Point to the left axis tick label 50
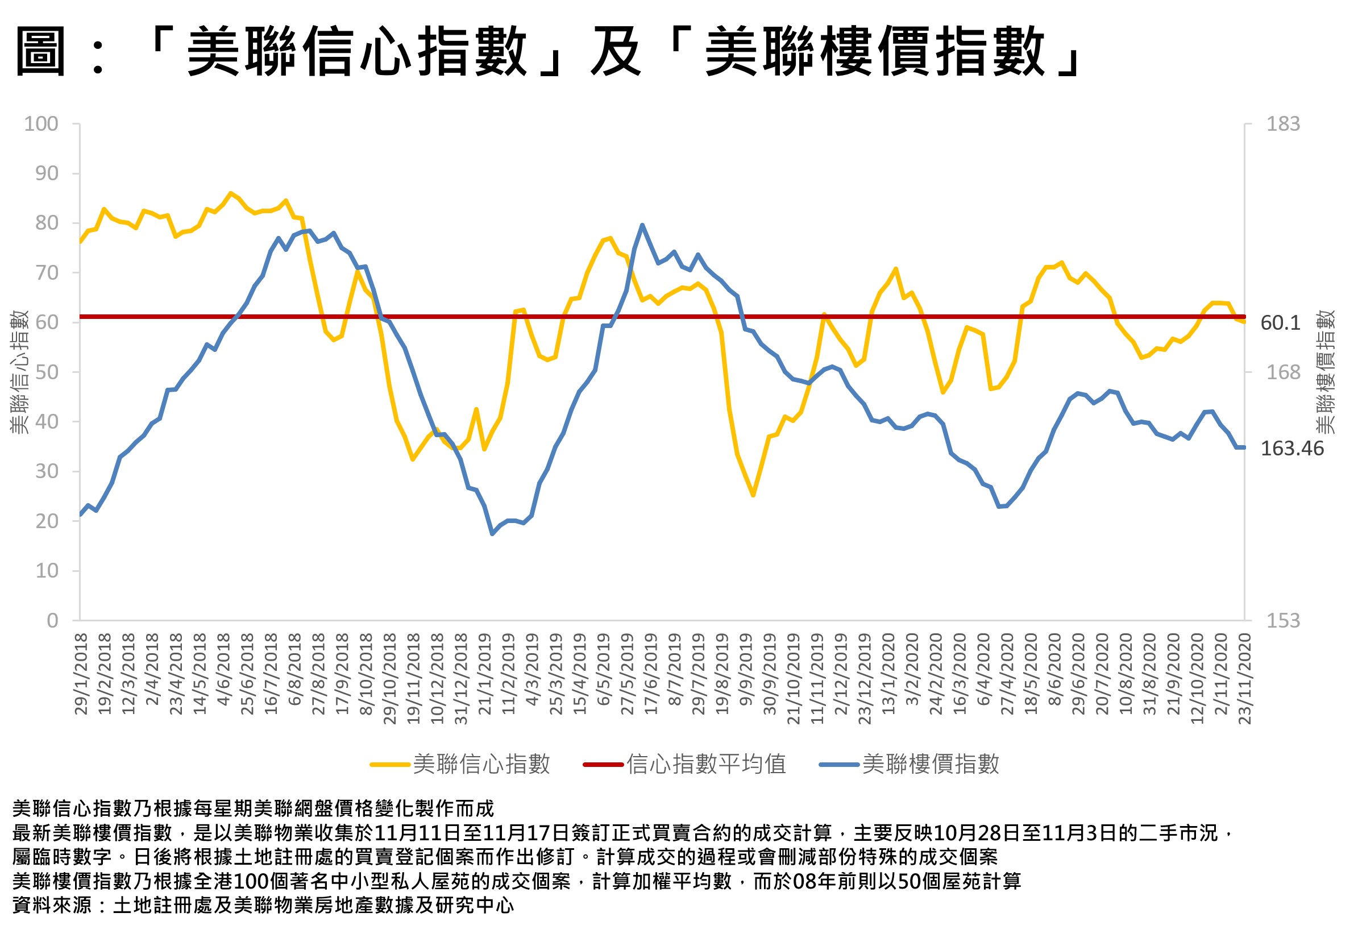tap(47, 373)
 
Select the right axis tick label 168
tap(1283, 373)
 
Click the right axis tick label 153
tap(1283, 621)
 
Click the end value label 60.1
tap(1280, 323)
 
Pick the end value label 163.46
tap(1291, 449)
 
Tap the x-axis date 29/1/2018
tap(81, 674)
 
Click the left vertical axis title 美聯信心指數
tap(19, 372)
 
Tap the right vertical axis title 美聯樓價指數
tap(1326, 372)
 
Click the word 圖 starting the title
tap(40, 52)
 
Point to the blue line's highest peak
tap(642, 225)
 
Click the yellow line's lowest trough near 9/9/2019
tap(753, 495)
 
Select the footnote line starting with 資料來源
tap(263, 905)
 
